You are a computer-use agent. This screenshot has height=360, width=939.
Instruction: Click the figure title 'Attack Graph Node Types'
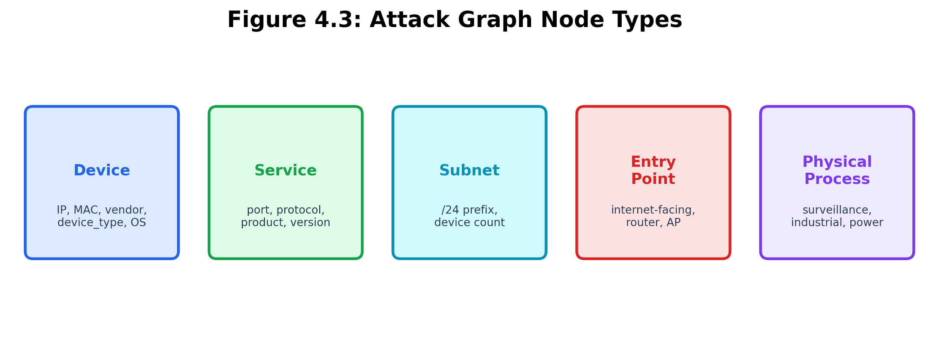(526, 20)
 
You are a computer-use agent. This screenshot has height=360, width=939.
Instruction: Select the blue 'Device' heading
(102, 170)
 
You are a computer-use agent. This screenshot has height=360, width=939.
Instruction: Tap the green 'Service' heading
(285, 170)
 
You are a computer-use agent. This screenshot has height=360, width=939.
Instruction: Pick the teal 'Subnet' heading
(469, 170)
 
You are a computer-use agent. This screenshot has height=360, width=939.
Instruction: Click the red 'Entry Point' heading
(653, 170)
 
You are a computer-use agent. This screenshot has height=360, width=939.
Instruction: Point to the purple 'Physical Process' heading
(837, 170)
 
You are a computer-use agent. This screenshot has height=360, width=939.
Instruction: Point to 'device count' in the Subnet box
(469, 222)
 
